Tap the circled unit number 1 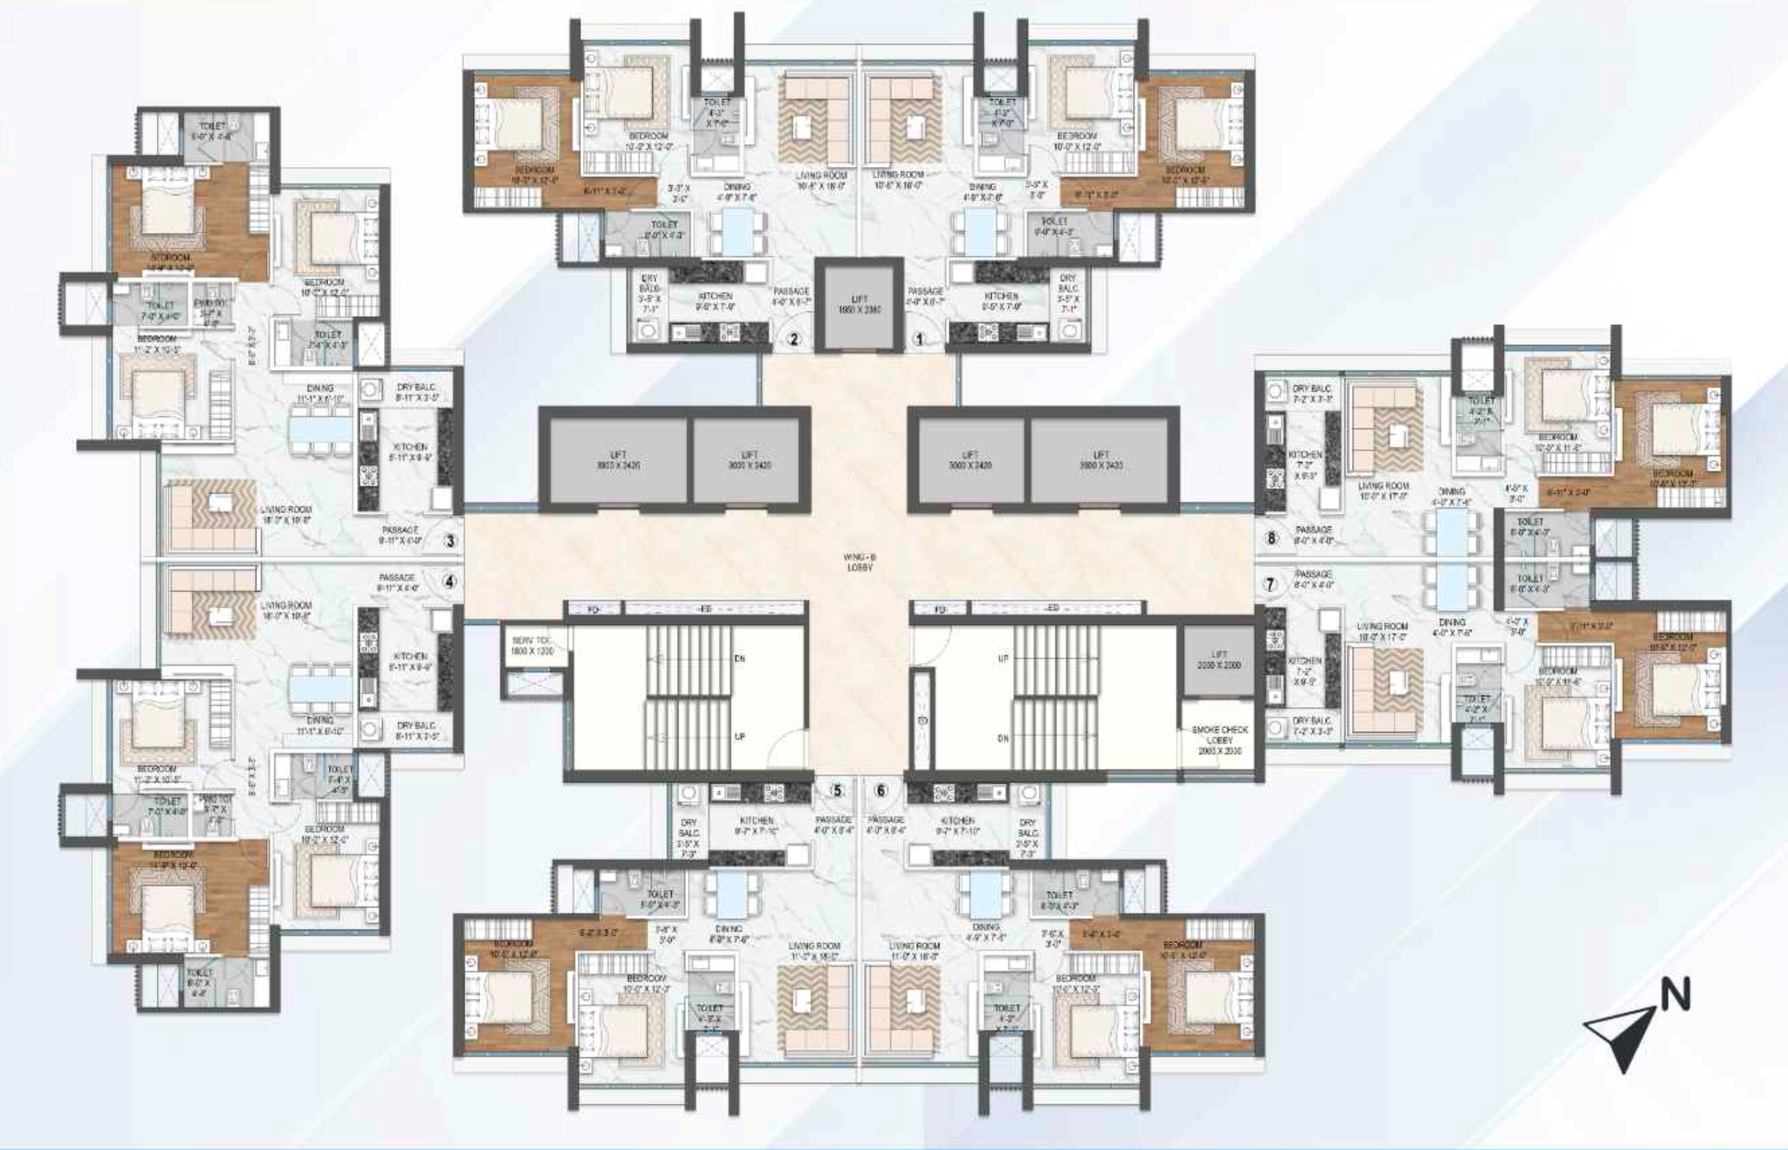(x=919, y=340)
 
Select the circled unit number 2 (x=794, y=340)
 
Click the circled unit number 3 (x=450, y=541)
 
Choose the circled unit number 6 (x=881, y=791)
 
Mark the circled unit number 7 (x=1271, y=584)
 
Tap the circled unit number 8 (x=1271, y=537)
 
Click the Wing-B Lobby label (x=859, y=562)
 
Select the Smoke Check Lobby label (x=1220, y=739)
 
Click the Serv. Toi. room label (x=532, y=646)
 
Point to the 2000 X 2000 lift (x=1219, y=659)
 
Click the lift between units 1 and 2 (x=859, y=304)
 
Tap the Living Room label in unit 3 (x=286, y=515)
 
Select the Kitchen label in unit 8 (x=1305, y=464)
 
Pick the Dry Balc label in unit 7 (x=1312, y=726)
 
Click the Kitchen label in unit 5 (x=757, y=824)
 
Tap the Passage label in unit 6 (x=886, y=824)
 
